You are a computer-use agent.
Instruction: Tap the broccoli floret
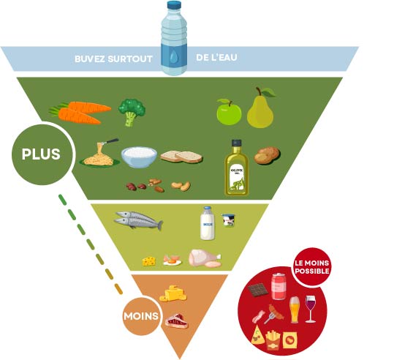pyautogui.click(x=132, y=111)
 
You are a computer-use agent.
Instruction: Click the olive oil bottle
pyautogui.click(x=236, y=168)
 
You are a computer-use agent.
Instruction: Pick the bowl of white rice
pyautogui.click(x=139, y=157)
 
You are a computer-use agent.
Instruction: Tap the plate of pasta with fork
pyautogui.click(x=98, y=154)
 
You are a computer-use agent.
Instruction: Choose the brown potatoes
pyautogui.click(x=267, y=154)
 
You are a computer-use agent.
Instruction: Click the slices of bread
pyautogui.click(x=181, y=156)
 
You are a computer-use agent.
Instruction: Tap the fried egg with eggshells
pyautogui.click(x=172, y=259)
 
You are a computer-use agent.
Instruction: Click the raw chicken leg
pyautogui.click(x=204, y=258)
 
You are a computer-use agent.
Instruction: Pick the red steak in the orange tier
pyautogui.click(x=176, y=320)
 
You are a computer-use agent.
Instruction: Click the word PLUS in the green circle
pyautogui.click(x=40, y=154)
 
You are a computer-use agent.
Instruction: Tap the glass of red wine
pyautogui.click(x=311, y=308)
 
